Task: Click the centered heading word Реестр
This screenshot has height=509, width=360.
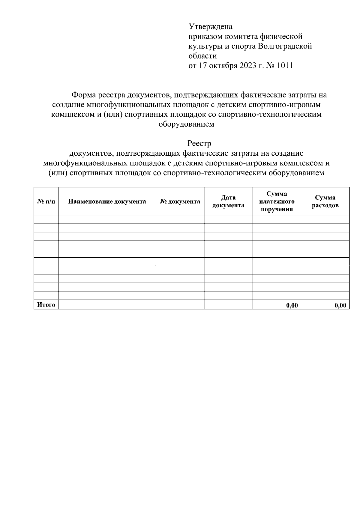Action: pyautogui.click(x=199, y=143)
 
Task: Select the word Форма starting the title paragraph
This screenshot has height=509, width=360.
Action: pyautogui.click(x=83, y=95)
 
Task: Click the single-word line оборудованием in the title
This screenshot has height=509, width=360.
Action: pyautogui.click(x=186, y=124)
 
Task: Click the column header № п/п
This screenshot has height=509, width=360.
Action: pyautogui.click(x=46, y=202)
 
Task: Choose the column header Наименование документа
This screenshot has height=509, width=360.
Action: pyautogui.click(x=107, y=202)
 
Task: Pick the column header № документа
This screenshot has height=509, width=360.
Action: pyautogui.click(x=180, y=202)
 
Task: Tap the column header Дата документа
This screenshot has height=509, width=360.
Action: pyautogui.click(x=228, y=202)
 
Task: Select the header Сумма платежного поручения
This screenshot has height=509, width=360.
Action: pyautogui.click(x=277, y=202)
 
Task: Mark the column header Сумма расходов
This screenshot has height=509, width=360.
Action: pyautogui.click(x=325, y=202)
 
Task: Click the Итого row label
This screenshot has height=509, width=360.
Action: pyautogui.click(x=46, y=305)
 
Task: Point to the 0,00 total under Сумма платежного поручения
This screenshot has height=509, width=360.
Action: pyautogui.click(x=292, y=305)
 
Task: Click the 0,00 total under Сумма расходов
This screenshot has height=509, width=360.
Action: pyautogui.click(x=340, y=305)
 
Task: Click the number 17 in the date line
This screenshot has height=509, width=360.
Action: pyautogui.click(x=201, y=65)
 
